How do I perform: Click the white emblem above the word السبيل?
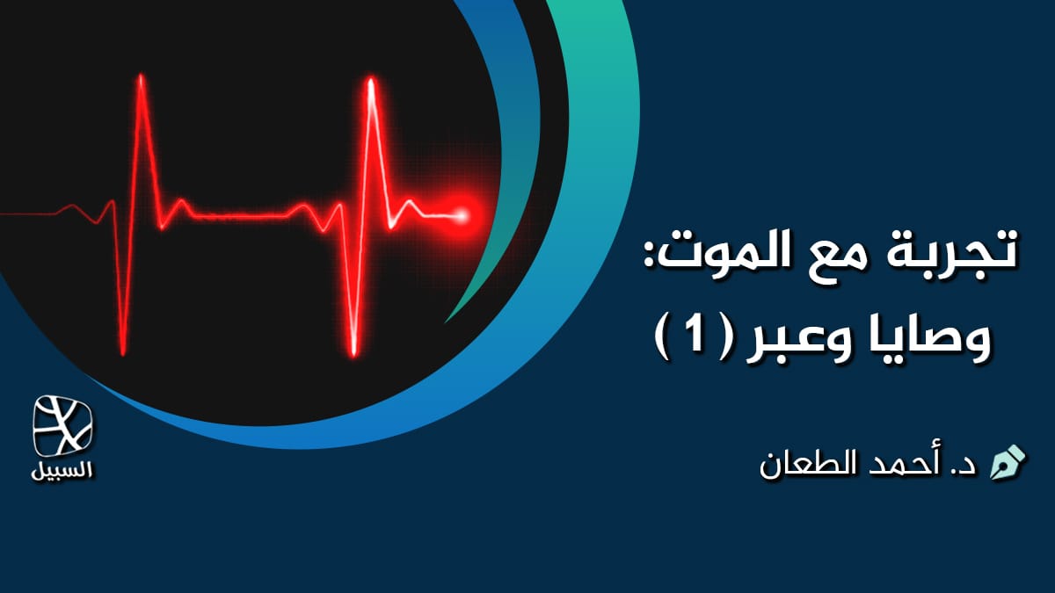(63, 425)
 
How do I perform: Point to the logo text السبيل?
(63, 469)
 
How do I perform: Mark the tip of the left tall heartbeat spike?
(141, 78)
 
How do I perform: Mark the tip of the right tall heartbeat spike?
(371, 82)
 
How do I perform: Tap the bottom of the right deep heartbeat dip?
(353, 352)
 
